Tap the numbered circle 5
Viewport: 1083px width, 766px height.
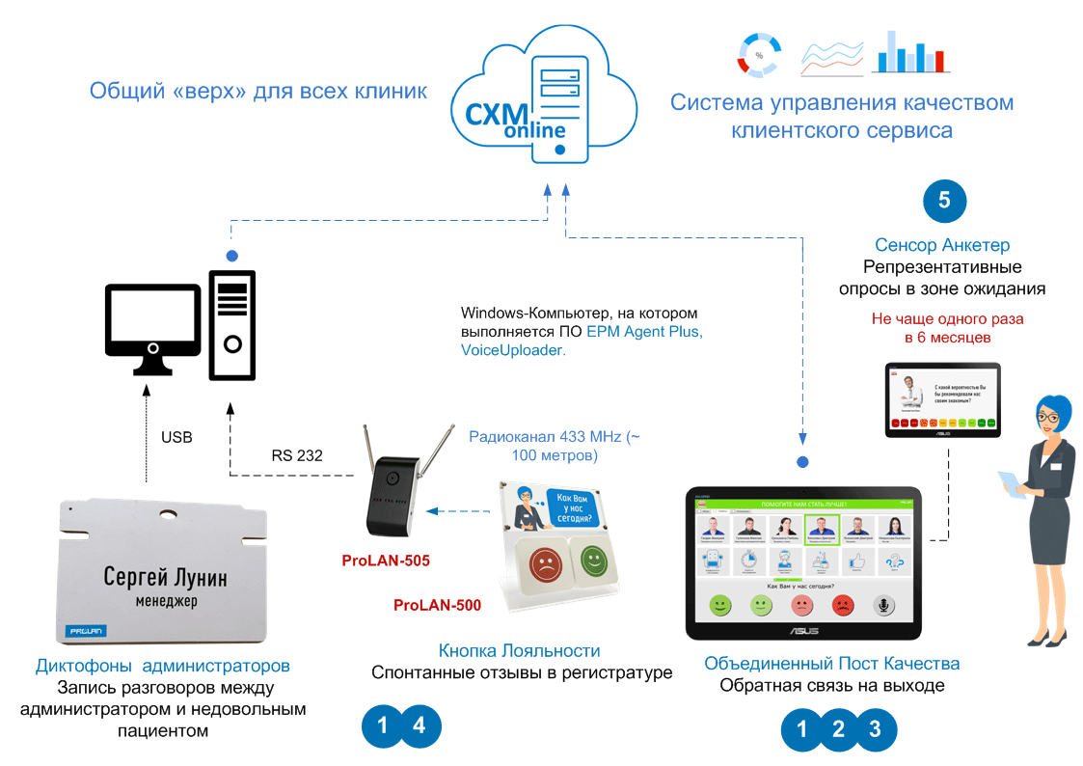click(x=944, y=200)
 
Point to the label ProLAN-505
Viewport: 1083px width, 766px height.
click(x=386, y=561)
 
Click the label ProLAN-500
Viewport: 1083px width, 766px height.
click(x=437, y=606)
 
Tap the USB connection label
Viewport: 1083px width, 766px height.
click(x=176, y=437)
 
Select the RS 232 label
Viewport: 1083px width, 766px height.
click(x=296, y=455)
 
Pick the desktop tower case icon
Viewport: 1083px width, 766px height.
click(x=232, y=324)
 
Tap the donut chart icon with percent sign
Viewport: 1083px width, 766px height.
click(x=758, y=55)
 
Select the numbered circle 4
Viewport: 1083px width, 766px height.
click(x=419, y=726)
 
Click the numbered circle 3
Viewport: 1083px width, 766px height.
click(x=874, y=729)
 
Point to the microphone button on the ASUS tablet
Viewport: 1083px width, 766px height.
click(x=884, y=605)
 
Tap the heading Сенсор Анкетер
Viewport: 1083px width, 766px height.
click(x=942, y=245)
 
